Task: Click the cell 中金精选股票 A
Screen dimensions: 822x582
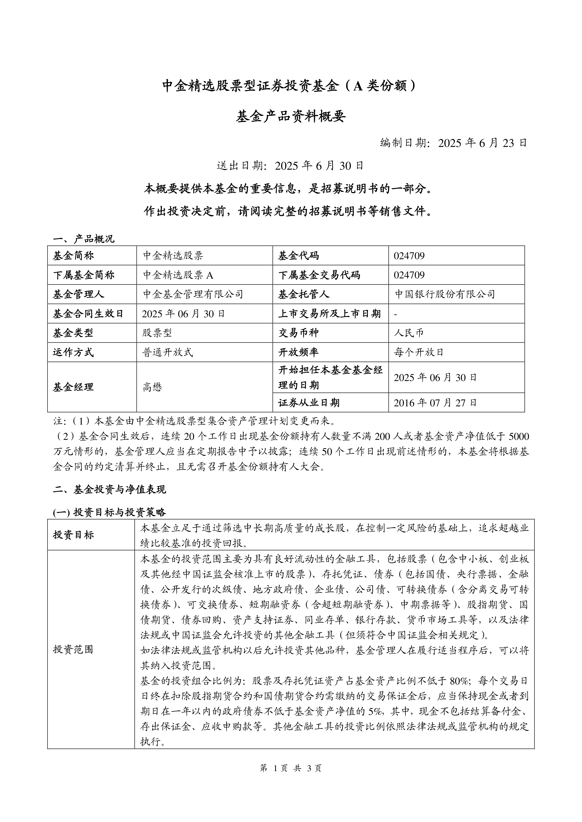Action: point(178,275)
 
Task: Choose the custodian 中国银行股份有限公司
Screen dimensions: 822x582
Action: point(444,294)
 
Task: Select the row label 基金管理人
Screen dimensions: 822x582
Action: point(79,294)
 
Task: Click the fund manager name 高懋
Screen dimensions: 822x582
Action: point(153,387)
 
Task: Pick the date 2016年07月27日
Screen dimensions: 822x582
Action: point(435,403)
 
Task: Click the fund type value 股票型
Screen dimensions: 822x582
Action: point(157,333)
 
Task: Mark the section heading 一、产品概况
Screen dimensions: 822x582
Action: point(84,239)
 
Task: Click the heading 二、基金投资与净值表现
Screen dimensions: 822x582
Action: point(109,489)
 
